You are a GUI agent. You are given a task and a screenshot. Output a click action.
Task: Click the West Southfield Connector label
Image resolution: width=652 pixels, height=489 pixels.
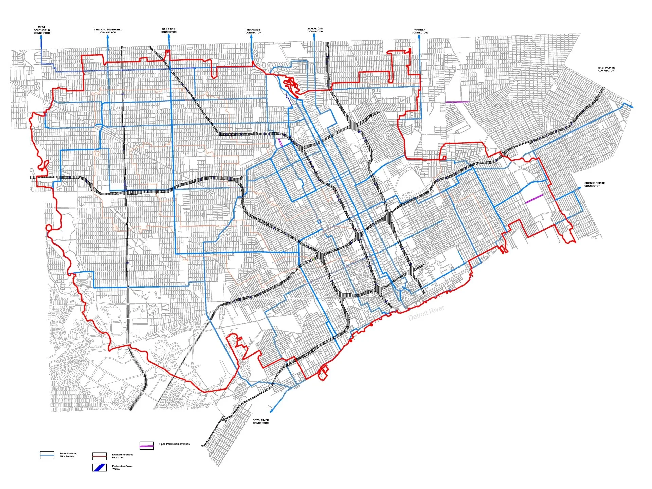pos(41,30)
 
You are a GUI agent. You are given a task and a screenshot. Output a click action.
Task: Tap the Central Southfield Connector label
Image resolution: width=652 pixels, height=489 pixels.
pos(108,31)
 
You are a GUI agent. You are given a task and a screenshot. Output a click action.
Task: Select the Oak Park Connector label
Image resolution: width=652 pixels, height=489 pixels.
pos(168,31)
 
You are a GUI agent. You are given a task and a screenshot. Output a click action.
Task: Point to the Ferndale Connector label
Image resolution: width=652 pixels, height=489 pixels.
pos(253,31)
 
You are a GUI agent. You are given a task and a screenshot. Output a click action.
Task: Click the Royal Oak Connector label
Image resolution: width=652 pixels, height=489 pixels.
pos(315,30)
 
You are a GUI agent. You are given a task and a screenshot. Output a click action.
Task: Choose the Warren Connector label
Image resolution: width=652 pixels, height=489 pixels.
pos(419,31)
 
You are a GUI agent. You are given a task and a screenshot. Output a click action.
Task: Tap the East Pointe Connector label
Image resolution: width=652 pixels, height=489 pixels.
pos(606,69)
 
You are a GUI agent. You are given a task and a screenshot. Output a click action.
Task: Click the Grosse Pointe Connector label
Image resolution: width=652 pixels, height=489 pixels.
pos(594,184)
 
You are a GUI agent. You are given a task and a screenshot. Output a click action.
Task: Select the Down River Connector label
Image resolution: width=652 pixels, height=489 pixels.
pos(260,421)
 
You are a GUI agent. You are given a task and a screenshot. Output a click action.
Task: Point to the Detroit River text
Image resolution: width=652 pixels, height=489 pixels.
pos(426,313)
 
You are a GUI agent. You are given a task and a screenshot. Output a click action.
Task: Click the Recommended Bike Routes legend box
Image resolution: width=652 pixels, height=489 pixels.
pos(47,455)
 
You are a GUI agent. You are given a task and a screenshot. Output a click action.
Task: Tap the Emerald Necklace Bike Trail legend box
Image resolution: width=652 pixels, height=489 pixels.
pos(99,456)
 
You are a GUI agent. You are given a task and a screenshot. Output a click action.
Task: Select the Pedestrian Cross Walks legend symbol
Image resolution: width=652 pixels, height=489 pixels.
pos(99,467)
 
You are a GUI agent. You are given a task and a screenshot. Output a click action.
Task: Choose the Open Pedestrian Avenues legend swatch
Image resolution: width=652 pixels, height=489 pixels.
pos(146,446)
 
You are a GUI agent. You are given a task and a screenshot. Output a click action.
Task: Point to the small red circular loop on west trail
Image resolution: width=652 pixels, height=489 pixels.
pos(49,228)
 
